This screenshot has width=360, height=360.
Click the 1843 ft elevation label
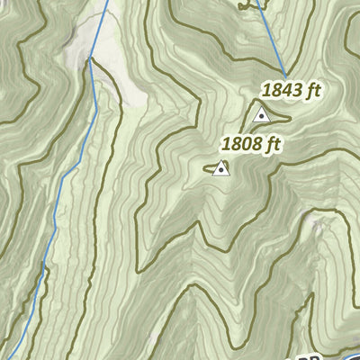[291, 90]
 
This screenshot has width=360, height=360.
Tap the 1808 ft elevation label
[253, 144]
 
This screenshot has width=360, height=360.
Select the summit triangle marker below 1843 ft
[262, 114]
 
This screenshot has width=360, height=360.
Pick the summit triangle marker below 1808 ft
[220, 167]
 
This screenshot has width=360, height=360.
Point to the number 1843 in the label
[282, 90]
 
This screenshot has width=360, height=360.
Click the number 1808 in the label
[243, 144]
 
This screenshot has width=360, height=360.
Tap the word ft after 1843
[312, 90]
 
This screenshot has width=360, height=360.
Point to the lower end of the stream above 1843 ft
[284, 75]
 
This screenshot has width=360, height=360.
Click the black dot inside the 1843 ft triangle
[262, 115]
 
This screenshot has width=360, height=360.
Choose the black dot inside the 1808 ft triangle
[220, 168]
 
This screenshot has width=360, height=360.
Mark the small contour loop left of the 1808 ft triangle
[211, 167]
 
